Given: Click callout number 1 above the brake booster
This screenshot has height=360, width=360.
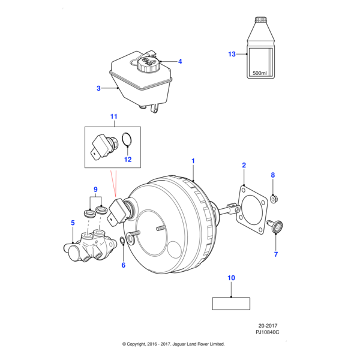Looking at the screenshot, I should pyautogui.click(x=194, y=161).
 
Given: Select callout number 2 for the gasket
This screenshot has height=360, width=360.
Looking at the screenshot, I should pyautogui.click(x=244, y=164).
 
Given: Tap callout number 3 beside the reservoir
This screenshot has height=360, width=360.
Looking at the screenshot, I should pyautogui.click(x=98, y=89).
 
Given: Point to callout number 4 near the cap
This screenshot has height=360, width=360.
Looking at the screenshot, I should pyautogui.click(x=180, y=61).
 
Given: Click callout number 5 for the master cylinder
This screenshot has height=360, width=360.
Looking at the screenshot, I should pyautogui.click(x=72, y=223).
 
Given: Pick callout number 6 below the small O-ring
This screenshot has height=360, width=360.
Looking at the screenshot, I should pyautogui.click(x=124, y=265).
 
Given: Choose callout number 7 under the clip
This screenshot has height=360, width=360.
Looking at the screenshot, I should pyautogui.click(x=276, y=254).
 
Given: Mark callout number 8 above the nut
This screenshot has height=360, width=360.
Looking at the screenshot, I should pyautogui.click(x=273, y=175).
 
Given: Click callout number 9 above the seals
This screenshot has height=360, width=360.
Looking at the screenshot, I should pyautogui.click(x=94, y=190).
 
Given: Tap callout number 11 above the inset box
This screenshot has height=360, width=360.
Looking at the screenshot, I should pyautogui.click(x=114, y=116).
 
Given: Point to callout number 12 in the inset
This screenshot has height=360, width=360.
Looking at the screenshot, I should pyautogui.click(x=127, y=160).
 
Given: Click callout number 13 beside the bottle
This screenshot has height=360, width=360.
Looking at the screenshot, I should pyautogui.click(x=232, y=55).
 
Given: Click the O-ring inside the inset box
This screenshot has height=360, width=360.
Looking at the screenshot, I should pyautogui.click(x=127, y=140).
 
